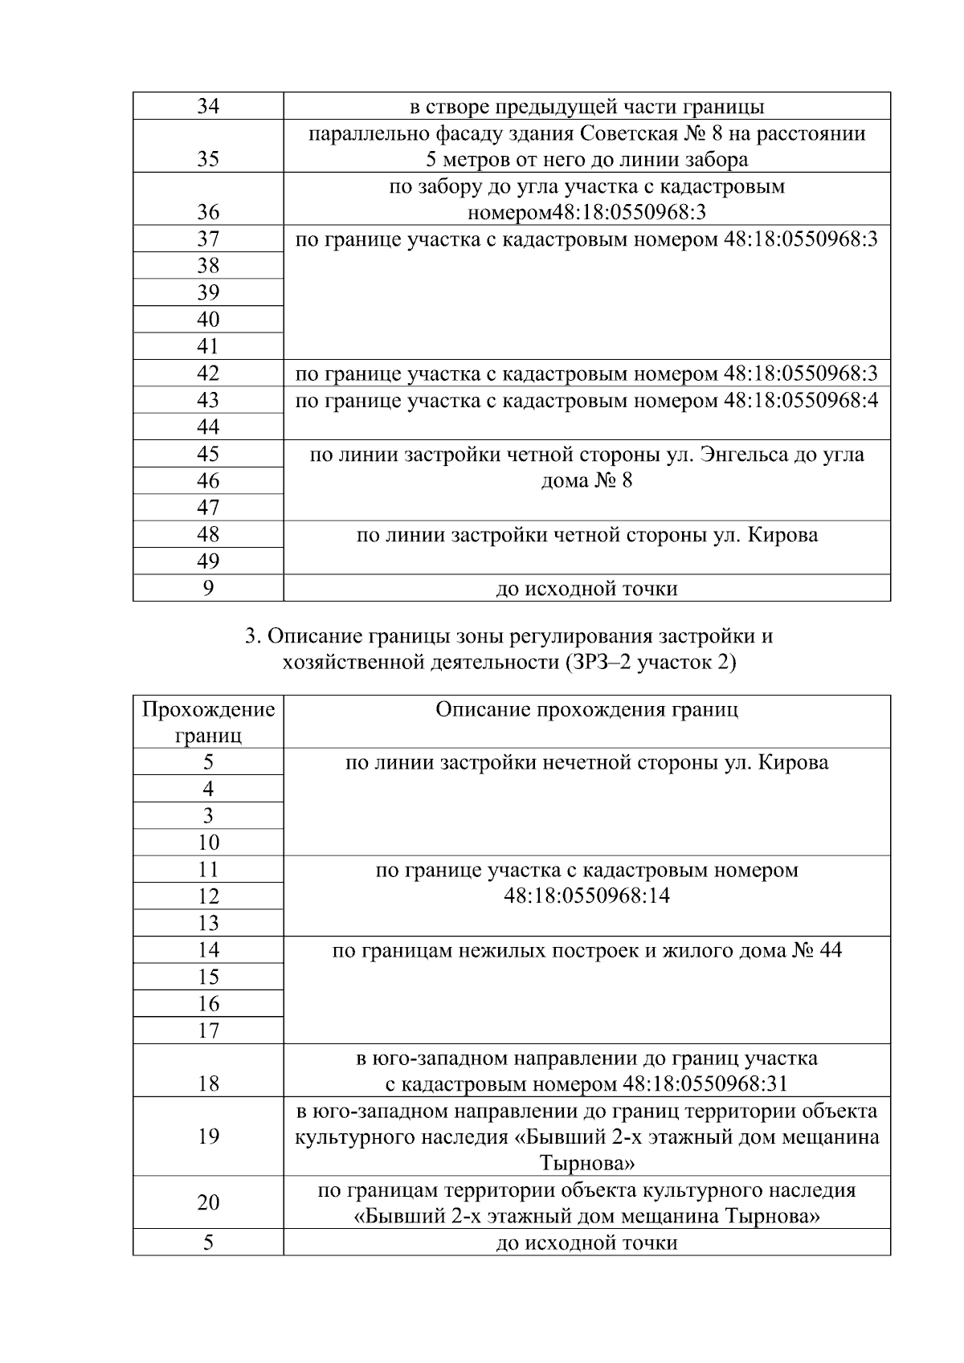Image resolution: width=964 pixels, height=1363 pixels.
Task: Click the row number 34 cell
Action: click(208, 107)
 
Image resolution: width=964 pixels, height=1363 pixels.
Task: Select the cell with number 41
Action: click(208, 346)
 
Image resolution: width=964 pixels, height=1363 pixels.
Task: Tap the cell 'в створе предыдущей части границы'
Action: click(586, 107)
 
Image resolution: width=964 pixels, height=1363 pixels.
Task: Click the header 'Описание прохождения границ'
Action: click(586, 710)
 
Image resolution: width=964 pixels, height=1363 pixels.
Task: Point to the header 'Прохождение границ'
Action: click(208, 722)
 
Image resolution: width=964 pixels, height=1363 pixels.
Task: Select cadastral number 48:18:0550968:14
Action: click(586, 896)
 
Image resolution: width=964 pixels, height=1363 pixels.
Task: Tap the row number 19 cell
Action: click(208, 1137)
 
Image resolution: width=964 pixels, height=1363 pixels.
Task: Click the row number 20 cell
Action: click(208, 1202)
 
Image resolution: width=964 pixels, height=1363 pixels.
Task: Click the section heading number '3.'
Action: click(251, 637)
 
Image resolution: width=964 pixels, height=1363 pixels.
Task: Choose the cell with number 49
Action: click(208, 561)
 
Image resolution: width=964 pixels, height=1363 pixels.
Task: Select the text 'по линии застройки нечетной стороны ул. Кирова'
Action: click(586, 762)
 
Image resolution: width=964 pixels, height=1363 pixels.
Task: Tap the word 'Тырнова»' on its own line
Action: click(586, 1163)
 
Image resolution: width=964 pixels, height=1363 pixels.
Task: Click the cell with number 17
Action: click(208, 1030)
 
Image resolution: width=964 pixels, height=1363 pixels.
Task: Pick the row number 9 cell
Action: click(208, 588)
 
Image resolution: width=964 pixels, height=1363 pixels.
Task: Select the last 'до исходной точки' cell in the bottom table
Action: click(586, 1243)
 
